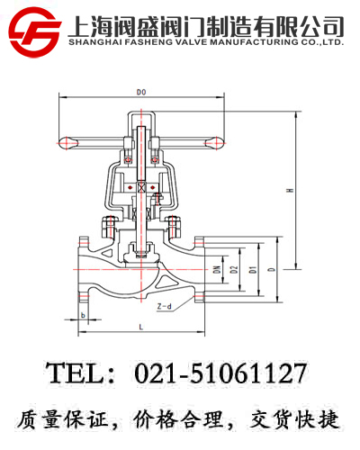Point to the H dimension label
point(289,191)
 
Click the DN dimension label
point(217,270)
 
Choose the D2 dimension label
point(234,270)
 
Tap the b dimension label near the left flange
point(83,315)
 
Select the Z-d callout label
point(166,306)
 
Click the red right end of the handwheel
point(213,140)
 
